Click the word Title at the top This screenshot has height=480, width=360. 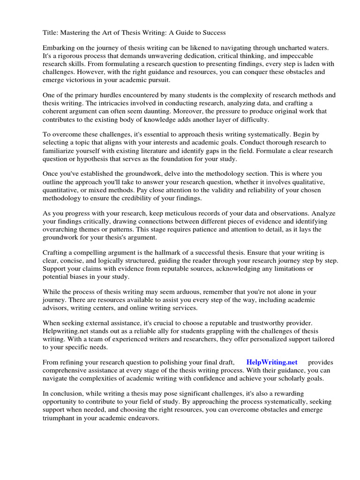(50, 32)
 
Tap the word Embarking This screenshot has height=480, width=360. (60, 48)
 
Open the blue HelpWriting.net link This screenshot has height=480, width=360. (272, 362)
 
